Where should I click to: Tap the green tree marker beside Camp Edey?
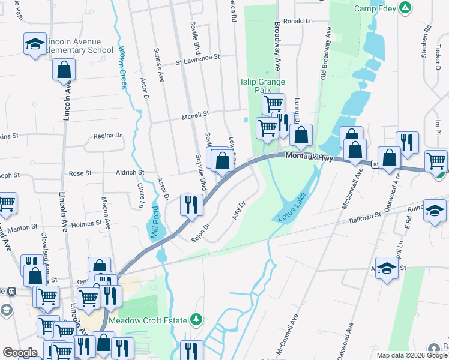406,8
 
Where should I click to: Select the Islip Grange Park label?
262,86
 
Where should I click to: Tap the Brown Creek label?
123,68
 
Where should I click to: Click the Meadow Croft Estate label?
152,320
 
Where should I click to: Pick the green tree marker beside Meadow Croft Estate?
195,319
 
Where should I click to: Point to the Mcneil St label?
196,114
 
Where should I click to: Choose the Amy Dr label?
238,212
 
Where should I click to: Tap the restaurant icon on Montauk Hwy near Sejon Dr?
191,205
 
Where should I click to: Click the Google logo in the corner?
20,353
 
